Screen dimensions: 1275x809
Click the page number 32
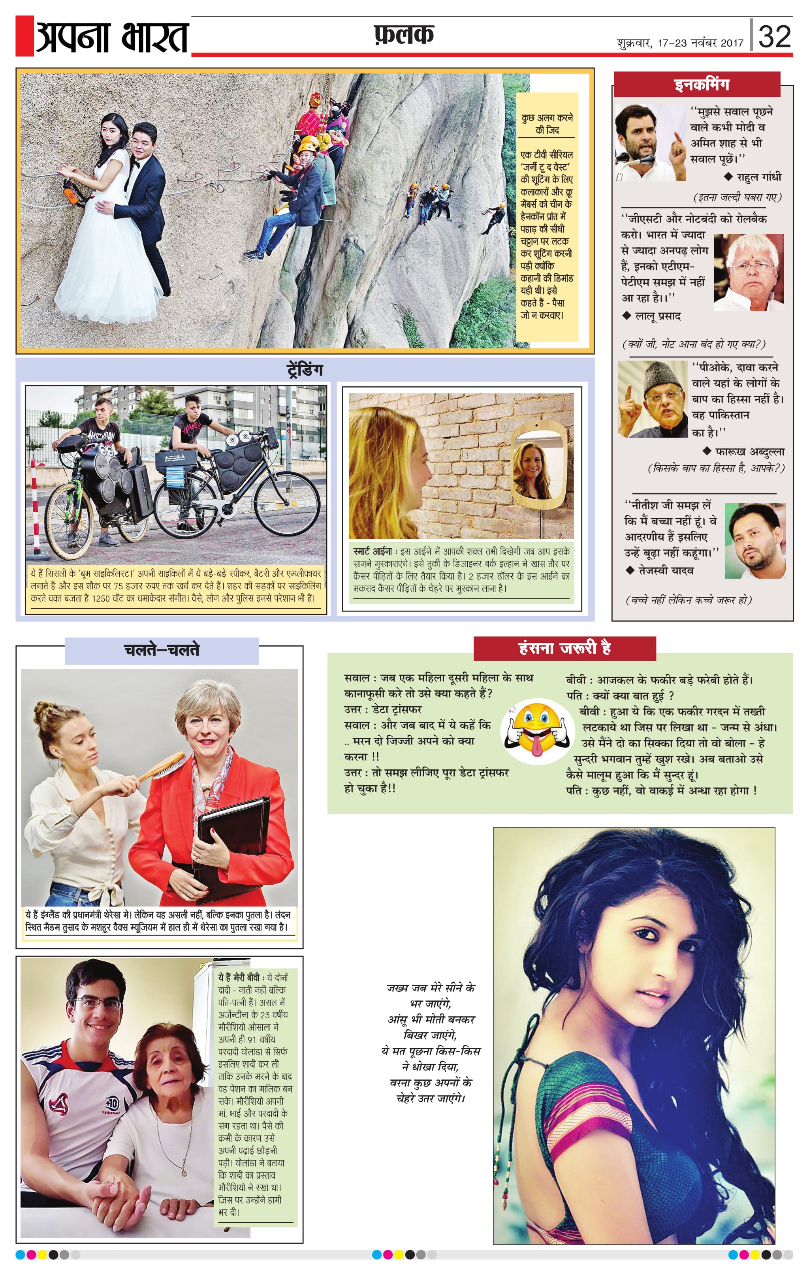pyautogui.click(x=774, y=36)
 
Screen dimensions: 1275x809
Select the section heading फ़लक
pyautogui.click(x=403, y=35)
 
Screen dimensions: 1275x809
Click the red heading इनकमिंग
pyautogui.click(x=702, y=85)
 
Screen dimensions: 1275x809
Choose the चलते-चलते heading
pyautogui.click(x=162, y=650)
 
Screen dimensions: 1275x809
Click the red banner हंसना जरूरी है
pyautogui.click(x=564, y=647)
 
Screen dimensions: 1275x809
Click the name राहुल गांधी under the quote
pyautogui.click(x=758, y=177)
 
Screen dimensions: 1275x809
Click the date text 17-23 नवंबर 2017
pyautogui.click(x=700, y=43)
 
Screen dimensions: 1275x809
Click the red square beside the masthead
pyautogui.click(x=24, y=36)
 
